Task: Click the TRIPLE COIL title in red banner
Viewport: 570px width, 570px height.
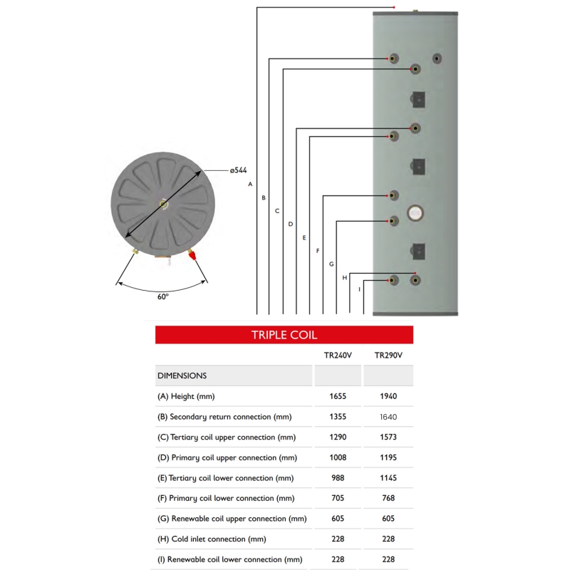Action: (x=284, y=335)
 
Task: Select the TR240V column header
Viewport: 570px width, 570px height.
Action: (x=338, y=356)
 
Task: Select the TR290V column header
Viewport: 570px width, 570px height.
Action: (x=388, y=356)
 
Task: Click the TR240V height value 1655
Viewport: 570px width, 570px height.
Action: (x=338, y=396)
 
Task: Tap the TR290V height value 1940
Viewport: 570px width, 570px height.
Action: (x=388, y=396)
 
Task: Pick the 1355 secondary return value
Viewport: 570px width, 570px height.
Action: (x=338, y=417)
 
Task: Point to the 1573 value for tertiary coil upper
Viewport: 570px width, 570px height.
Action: (x=388, y=437)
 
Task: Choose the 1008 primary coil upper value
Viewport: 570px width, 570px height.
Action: (x=338, y=457)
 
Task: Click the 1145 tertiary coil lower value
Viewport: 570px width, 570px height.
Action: (x=388, y=478)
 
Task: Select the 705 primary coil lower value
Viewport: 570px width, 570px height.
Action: (x=338, y=498)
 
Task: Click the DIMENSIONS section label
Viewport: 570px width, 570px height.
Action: (x=182, y=375)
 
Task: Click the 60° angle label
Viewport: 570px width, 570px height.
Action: (x=163, y=296)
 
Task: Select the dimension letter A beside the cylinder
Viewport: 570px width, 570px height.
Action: (x=250, y=184)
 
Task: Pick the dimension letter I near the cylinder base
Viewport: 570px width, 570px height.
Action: (x=359, y=289)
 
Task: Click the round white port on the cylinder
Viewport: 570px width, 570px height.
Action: (x=415, y=212)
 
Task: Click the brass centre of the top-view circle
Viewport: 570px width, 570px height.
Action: (x=164, y=204)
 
